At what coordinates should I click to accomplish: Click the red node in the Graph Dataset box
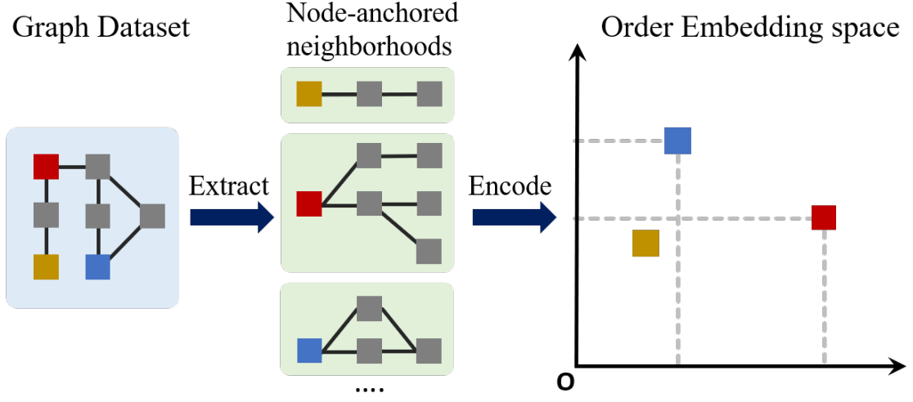pos(46,167)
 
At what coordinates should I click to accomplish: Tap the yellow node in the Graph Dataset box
pos(46,266)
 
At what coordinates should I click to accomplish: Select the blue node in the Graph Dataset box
pos(98,266)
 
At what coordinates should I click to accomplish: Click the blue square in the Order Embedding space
pos(678,141)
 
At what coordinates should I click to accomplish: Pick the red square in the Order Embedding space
pos(824,217)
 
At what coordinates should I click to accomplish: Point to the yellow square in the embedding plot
pos(645,243)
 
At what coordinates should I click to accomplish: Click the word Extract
pos(228,186)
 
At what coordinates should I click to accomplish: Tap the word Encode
pos(510,186)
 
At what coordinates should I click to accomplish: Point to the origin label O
pos(564,382)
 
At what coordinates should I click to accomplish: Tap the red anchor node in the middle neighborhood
pos(309,203)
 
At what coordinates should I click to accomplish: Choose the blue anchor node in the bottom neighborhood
pos(309,351)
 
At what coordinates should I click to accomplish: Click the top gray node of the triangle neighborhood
pos(370,308)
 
